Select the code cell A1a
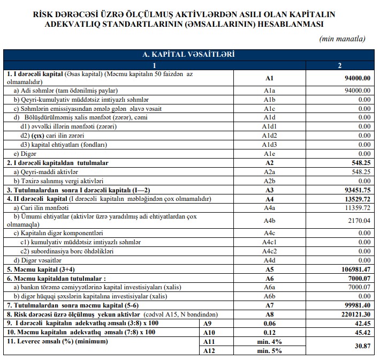[x=269, y=91]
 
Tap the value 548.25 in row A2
[x=357, y=162]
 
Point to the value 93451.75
[x=354, y=189]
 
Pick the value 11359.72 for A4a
[x=356, y=207]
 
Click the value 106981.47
[x=353, y=269]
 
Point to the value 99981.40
[x=355, y=304]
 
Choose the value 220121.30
[x=353, y=314]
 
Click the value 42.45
[x=362, y=323]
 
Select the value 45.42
[x=362, y=332]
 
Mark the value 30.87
[x=362, y=346]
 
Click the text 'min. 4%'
[x=269, y=341]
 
